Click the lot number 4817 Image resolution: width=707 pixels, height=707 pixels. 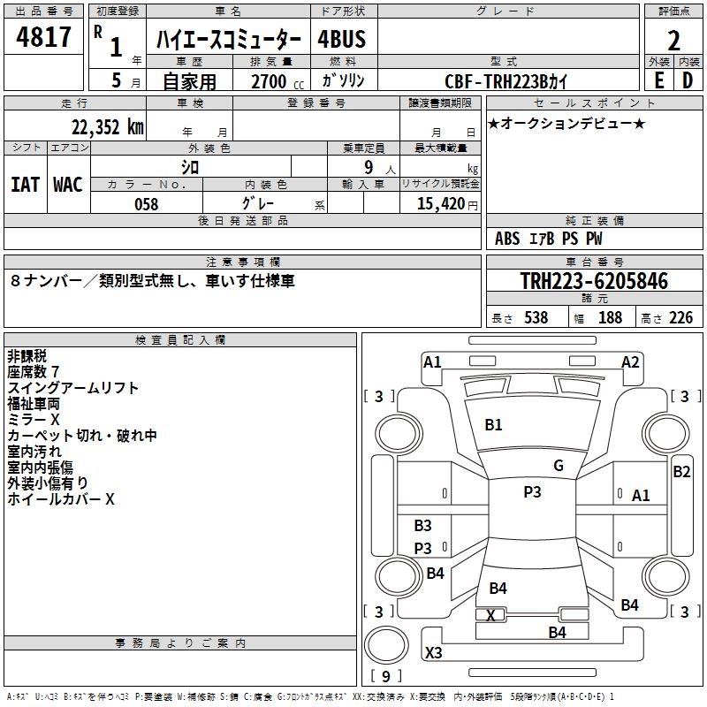click(43, 36)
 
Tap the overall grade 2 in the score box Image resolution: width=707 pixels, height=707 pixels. click(673, 41)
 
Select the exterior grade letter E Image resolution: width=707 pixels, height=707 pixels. click(659, 80)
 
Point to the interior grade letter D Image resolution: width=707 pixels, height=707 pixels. click(688, 80)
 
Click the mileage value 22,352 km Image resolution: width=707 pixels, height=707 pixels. click(108, 127)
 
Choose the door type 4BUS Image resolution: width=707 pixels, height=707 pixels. click(342, 39)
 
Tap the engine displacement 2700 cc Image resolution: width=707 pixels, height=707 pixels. click(277, 81)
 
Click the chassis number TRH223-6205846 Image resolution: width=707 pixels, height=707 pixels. click(594, 281)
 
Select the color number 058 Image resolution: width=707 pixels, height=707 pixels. click(147, 204)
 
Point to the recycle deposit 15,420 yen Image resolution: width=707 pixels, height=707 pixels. click(447, 204)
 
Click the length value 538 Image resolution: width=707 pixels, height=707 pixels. click(536, 317)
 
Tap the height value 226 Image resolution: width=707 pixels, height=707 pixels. click(680, 317)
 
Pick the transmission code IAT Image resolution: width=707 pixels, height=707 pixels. click(25, 185)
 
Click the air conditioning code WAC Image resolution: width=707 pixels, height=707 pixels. click(68, 185)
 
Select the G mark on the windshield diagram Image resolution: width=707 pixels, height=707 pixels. click(559, 466)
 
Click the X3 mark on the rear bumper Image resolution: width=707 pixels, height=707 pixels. click(433, 652)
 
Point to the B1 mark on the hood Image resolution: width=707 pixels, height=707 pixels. click(493, 425)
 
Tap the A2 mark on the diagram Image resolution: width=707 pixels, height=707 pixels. click(630, 362)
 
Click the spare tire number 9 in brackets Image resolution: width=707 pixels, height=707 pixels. click(386, 676)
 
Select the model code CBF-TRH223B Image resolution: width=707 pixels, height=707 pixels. click(496, 81)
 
